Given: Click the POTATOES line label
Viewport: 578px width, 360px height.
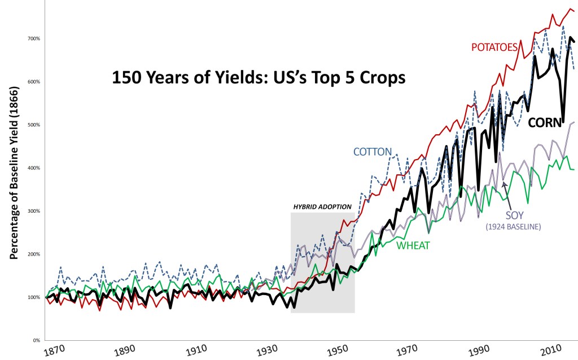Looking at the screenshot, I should tap(494, 47).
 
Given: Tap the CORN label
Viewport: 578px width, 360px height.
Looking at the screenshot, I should tap(545, 122).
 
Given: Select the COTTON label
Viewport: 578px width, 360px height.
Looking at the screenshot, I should tap(372, 152).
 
